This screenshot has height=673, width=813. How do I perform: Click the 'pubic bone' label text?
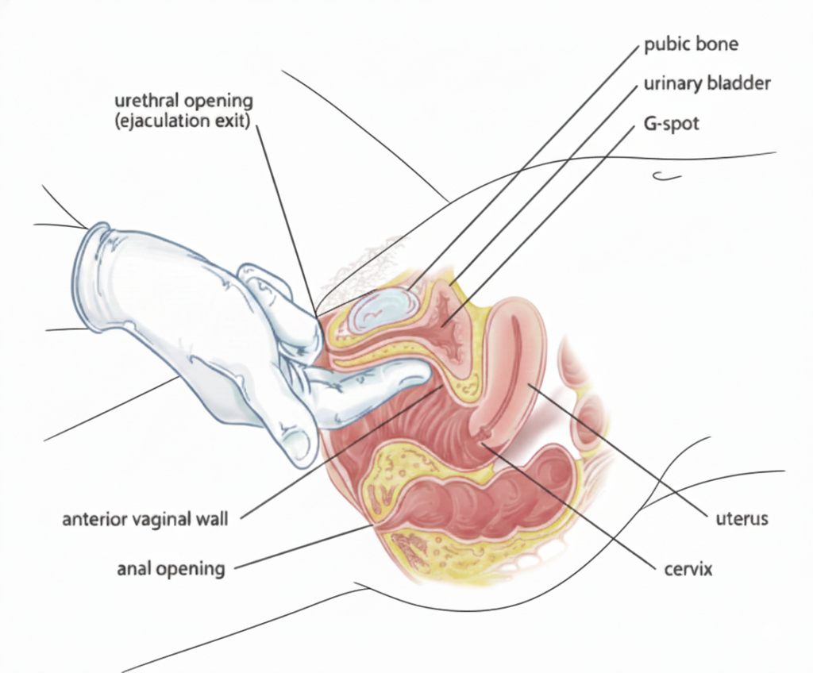(691, 44)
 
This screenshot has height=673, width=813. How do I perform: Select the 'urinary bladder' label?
(707, 83)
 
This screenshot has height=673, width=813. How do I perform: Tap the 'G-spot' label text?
(671, 124)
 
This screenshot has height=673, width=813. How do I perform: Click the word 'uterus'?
(738, 520)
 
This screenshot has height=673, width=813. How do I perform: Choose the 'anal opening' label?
(171, 568)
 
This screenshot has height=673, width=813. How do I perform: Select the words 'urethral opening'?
(183, 102)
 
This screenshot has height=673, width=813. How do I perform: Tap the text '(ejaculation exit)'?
(183, 121)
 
